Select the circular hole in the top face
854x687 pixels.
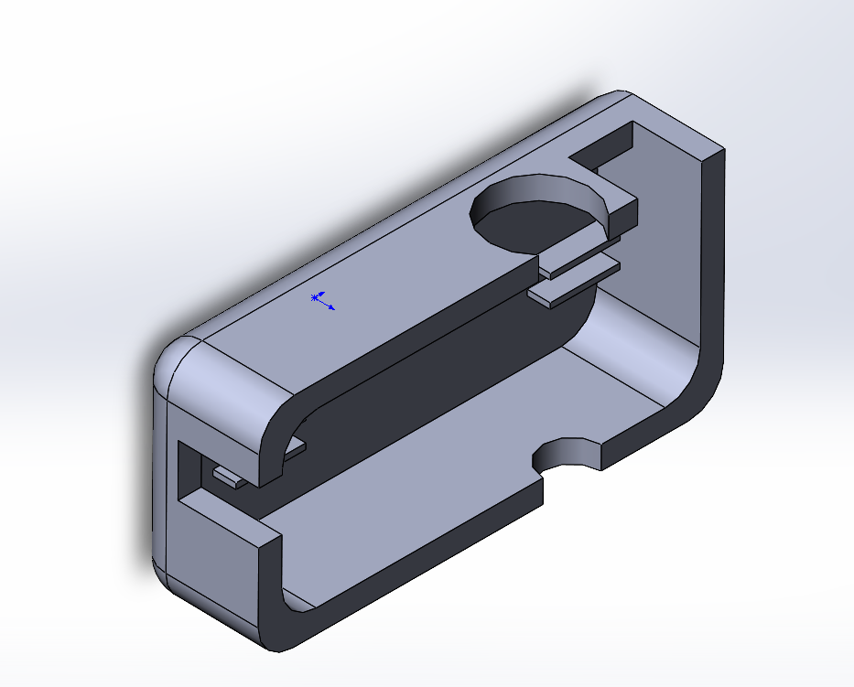pyautogui.click(x=535, y=218)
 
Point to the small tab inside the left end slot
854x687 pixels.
pyautogui.click(x=227, y=476)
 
